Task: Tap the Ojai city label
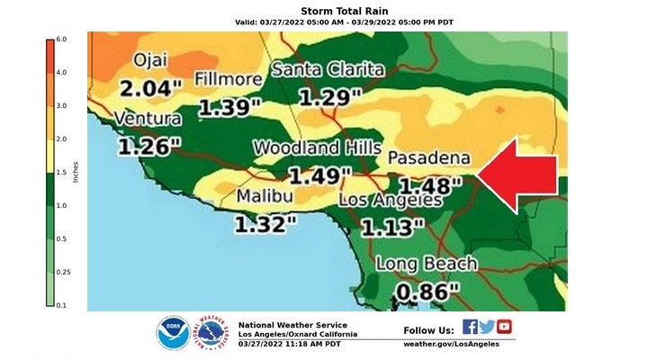150,60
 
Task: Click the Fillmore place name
229,78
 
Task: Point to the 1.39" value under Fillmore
229,107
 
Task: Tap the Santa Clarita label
328,69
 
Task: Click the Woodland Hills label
310,148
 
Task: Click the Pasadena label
427,157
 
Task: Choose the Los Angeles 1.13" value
391,225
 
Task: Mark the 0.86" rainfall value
427,292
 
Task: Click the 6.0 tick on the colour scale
62,40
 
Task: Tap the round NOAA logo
172,333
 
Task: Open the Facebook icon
470,327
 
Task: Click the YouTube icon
504,327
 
